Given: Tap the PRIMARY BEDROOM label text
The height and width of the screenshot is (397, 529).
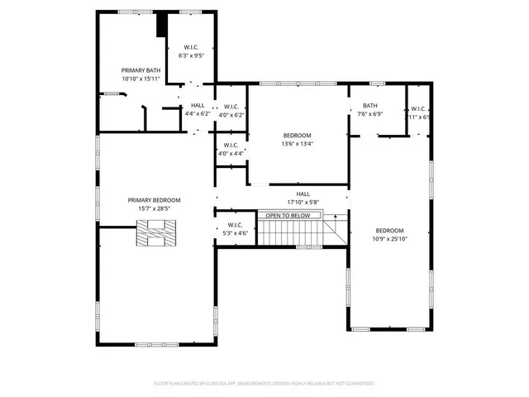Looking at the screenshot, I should click(154, 200).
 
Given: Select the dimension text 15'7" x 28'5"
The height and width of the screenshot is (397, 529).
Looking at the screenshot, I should click(154, 209).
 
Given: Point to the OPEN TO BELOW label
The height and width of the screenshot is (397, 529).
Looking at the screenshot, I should click(287, 216).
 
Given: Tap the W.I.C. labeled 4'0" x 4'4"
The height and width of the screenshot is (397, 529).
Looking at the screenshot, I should click(231, 145).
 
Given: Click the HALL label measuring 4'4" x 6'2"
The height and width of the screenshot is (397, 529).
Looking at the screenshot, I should click(198, 106).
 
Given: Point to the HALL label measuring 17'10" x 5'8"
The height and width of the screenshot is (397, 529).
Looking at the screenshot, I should click(303, 194).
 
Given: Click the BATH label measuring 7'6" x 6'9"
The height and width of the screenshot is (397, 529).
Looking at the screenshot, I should click(369, 106).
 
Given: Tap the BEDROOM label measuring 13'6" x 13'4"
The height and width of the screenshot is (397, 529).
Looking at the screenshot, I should click(298, 135).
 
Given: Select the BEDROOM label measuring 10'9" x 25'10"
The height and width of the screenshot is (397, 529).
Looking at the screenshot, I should click(389, 231).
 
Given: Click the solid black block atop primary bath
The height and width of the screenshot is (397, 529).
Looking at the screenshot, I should click(162, 24).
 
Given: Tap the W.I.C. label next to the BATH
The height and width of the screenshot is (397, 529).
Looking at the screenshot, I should click(418, 108).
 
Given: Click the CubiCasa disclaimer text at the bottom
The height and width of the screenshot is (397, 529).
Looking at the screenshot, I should click(264, 383).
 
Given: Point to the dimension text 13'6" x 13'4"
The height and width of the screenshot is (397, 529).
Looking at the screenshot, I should click(298, 144).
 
